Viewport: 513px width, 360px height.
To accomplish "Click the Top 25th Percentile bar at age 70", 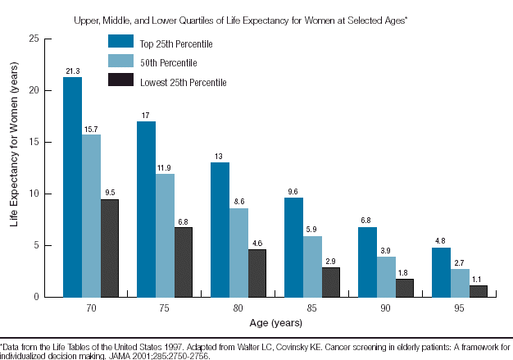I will click(72, 186).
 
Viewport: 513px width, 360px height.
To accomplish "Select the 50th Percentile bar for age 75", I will click(165, 235).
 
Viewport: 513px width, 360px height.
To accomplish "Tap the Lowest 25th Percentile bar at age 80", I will click(256, 272).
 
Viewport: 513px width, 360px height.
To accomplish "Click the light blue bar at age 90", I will click(386, 276).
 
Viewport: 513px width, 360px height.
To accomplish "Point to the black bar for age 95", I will click(478, 290).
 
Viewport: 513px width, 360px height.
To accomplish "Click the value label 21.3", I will click(72, 71).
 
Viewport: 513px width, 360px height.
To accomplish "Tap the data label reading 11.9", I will click(165, 167).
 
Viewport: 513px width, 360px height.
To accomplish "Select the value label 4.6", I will click(256, 243).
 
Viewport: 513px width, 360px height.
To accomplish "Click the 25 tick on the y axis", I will click(34, 39).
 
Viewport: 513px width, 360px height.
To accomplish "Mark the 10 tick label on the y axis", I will click(34, 194).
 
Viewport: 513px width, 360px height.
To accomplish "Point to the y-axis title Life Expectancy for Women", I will click(15, 168).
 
